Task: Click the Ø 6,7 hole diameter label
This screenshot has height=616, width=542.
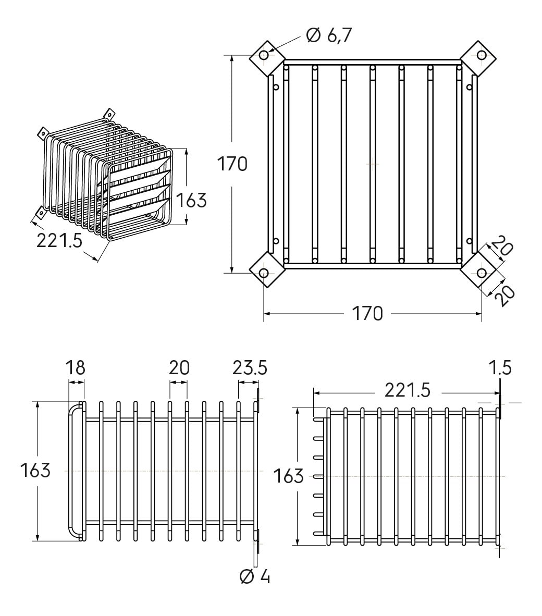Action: coord(329,35)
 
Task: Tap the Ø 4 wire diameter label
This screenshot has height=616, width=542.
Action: coord(255,576)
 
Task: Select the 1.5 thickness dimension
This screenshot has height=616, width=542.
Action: coord(501,367)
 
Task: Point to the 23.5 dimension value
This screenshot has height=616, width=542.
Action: coord(250,367)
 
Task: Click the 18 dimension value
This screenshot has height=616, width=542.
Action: coord(76,367)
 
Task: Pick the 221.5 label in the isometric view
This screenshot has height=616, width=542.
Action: coord(60,240)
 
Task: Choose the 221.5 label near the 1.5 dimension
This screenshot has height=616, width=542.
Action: coord(407,389)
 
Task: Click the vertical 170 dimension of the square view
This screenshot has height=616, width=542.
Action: coord(232,164)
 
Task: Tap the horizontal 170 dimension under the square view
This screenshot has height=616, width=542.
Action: coord(367,313)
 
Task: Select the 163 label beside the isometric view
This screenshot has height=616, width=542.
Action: coord(191,200)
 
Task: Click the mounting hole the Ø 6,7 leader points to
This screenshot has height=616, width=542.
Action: coord(264,55)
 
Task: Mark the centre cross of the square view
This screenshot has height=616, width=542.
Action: coord(372,164)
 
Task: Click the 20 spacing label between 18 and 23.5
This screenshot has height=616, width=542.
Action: coord(179,367)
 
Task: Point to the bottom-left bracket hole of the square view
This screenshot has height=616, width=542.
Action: coord(264,273)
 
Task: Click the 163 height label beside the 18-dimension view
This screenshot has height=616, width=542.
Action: coord(35,470)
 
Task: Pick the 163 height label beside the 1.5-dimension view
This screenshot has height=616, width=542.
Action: coord(288,475)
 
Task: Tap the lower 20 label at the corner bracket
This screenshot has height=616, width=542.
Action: coord(504,295)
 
